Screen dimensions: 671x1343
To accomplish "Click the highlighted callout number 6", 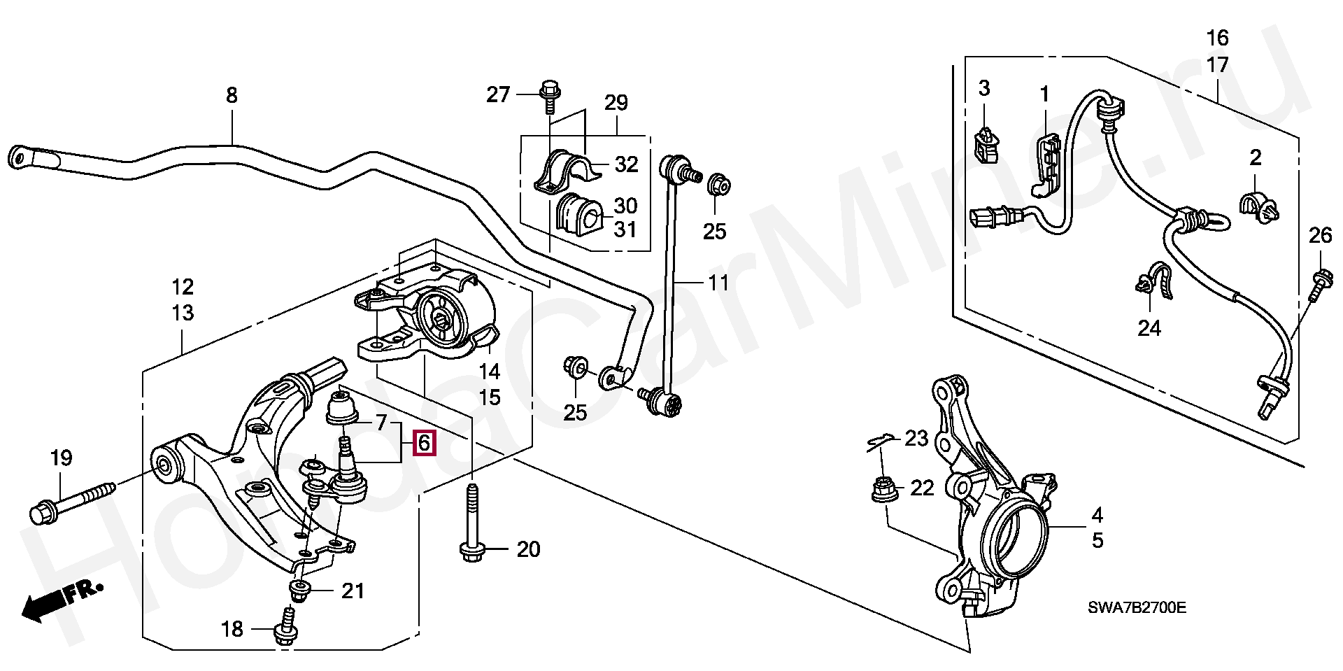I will [x=424, y=443].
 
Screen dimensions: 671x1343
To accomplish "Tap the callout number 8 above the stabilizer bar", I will [x=232, y=95].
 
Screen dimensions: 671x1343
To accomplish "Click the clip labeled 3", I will [x=986, y=147].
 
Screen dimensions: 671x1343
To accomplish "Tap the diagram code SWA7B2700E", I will [x=1137, y=607].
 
